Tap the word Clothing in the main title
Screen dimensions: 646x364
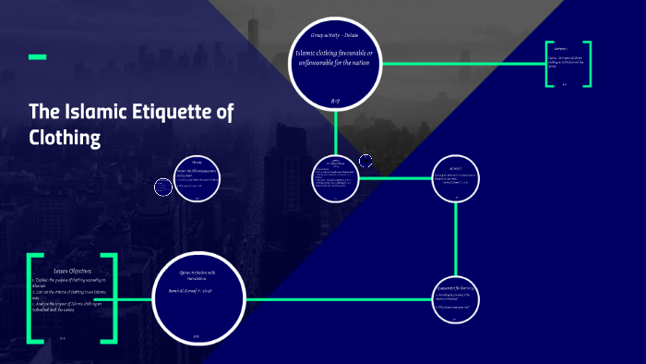click(64, 138)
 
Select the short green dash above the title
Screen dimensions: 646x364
click(38, 57)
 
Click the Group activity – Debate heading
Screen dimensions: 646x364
click(335, 35)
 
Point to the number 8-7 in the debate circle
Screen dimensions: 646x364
click(335, 98)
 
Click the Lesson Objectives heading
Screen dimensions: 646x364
click(73, 270)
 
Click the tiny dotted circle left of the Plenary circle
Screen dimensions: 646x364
click(163, 187)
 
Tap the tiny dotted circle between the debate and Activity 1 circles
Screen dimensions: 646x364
click(365, 162)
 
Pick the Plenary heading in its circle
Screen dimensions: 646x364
click(197, 159)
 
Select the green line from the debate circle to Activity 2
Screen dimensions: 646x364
click(461, 64)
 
